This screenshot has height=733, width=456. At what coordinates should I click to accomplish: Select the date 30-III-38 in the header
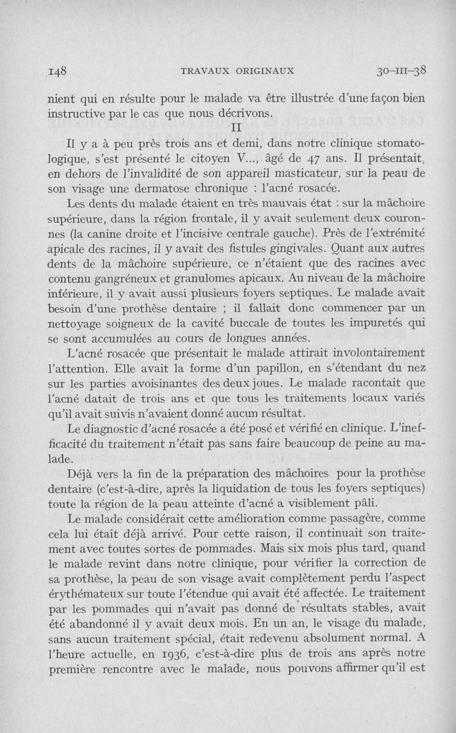402,71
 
